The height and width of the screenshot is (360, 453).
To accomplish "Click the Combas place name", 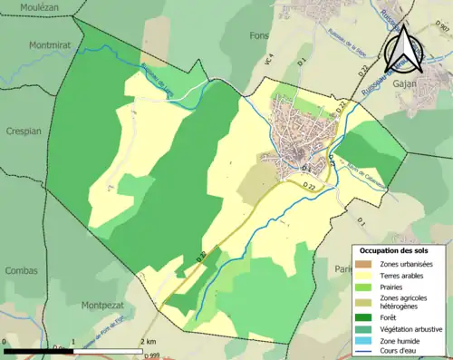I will point(21,270).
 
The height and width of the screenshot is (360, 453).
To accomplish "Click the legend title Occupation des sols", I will point(398,249).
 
